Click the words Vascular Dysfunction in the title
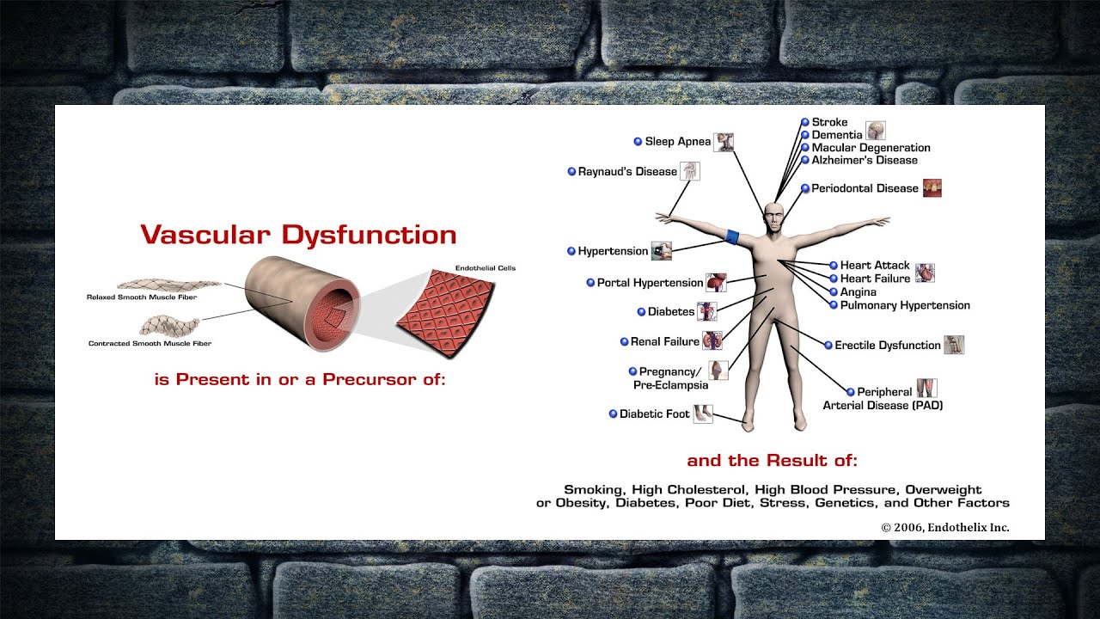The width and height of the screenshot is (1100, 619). pyautogui.click(x=298, y=235)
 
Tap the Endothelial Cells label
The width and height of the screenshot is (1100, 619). pyautogui.click(x=486, y=267)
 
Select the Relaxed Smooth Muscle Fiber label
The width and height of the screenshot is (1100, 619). pyautogui.click(x=142, y=297)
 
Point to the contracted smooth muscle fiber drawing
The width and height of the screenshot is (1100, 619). pyautogui.click(x=169, y=326)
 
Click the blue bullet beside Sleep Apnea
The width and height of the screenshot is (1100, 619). pyautogui.click(x=638, y=142)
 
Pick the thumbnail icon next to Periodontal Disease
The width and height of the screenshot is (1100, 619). pyautogui.click(x=932, y=187)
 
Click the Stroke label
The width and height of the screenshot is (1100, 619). pyautogui.click(x=829, y=122)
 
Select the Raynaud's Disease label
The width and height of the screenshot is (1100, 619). pyautogui.click(x=627, y=171)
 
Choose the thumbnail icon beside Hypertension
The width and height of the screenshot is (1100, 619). pyautogui.click(x=662, y=251)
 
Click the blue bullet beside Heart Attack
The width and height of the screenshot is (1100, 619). pyautogui.click(x=834, y=266)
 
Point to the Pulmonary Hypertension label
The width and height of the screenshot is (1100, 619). pyautogui.click(x=905, y=305)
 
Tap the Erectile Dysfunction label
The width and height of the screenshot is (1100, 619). pyautogui.click(x=888, y=346)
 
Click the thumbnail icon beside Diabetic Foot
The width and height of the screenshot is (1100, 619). pyautogui.click(x=703, y=414)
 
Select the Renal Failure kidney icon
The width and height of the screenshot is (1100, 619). pyautogui.click(x=712, y=340)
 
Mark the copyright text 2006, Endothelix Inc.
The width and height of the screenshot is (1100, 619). pyautogui.click(x=945, y=527)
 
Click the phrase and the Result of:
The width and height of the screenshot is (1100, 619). pyautogui.click(x=772, y=460)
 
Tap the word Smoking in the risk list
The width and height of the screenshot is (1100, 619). pyautogui.click(x=595, y=489)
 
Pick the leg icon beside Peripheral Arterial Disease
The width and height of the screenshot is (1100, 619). pyautogui.click(x=927, y=388)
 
